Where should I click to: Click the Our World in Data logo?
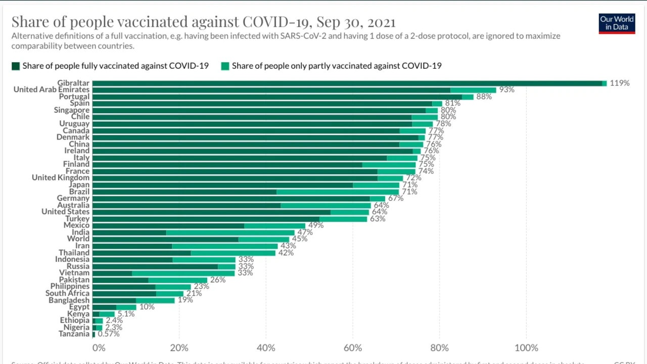click(x=616, y=23)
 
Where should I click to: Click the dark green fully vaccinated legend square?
click(x=16, y=66)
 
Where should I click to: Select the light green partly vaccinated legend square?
click(x=225, y=66)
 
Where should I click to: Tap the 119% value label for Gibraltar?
click(x=620, y=83)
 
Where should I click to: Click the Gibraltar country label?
click(x=73, y=83)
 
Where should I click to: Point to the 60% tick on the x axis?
click(x=352, y=348)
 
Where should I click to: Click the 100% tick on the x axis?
click(x=526, y=348)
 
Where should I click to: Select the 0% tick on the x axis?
click(x=99, y=348)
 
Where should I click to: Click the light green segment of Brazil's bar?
click(x=338, y=192)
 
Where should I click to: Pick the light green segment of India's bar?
click(x=230, y=233)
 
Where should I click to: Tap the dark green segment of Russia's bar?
click(x=155, y=266)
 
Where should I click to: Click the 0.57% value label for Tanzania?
click(x=109, y=334)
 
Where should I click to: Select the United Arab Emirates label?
click(x=51, y=89)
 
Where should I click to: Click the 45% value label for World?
click(x=300, y=239)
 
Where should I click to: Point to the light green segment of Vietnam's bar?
click(x=183, y=273)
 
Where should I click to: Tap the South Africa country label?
click(x=67, y=293)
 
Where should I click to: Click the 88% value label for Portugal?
click(x=484, y=97)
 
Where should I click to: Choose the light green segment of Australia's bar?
click(x=326, y=205)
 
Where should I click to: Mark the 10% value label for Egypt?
click(x=147, y=307)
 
